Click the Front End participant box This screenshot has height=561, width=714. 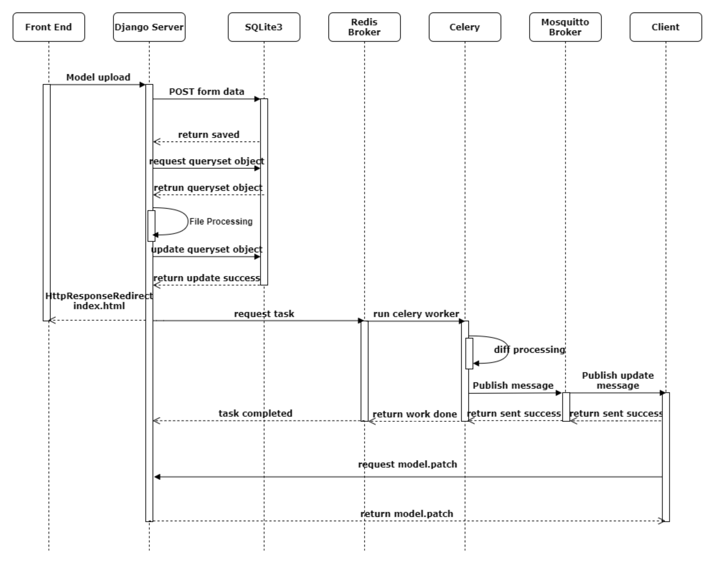pos(49,27)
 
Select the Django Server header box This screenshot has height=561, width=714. pos(149,27)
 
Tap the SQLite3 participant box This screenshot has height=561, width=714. pos(264,27)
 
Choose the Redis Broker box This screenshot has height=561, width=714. pos(364,27)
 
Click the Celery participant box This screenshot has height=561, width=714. pos(464,27)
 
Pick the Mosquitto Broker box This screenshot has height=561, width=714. pos(565,27)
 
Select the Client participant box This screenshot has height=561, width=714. pos(665,27)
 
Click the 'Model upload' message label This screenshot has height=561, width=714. pos(98,77)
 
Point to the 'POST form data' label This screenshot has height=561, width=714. pos(206,92)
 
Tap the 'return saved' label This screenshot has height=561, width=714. pos(209,135)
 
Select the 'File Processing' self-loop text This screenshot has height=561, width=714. pos(221,221)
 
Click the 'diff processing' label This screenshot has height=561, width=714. pos(529,349)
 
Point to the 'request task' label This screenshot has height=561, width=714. pos(264,314)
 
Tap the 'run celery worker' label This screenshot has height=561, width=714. pos(416,314)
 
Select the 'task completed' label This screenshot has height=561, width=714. pos(255,413)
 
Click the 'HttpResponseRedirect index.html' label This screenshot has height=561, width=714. pos(99,301)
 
